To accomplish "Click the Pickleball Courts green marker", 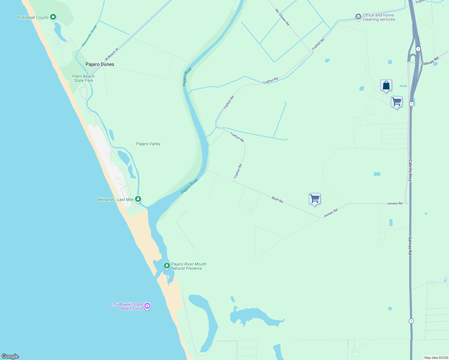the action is tap(53, 17).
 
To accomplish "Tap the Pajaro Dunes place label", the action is tap(100, 64).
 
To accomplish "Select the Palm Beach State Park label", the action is tap(83, 78).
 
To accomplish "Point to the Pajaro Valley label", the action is tap(148, 144).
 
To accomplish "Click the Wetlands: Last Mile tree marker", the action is tap(138, 199).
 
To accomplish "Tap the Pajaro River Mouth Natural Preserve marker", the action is tap(167, 265).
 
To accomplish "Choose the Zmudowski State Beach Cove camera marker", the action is tap(147, 306).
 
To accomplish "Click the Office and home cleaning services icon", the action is tap(358, 17).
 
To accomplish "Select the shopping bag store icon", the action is tap(386, 85).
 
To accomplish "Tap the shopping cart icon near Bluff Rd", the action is tap(315, 199).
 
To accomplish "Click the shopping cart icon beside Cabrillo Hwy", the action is tap(396, 102).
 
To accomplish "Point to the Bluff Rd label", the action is tap(277, 199).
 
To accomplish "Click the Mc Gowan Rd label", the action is tap(282, 17).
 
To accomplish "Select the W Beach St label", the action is tap(112, 54).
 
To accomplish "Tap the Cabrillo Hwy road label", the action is tap(410, 170).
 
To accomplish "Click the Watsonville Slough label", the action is tap(89, 36).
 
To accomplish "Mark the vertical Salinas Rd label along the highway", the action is tap(410, 246).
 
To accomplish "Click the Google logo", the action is tap(10, 356).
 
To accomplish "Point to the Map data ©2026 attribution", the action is tap(436, 358).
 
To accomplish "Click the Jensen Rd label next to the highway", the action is tap(395, 203).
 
